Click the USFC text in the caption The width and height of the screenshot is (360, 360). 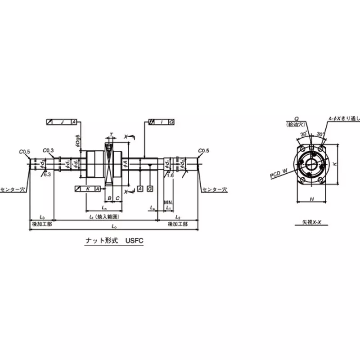133,241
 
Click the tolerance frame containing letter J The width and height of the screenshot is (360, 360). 62,122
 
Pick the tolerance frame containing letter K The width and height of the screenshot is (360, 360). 87,189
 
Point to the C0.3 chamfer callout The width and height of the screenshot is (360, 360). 48,150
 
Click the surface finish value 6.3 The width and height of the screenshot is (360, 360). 47,174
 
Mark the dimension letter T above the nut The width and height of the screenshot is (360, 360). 112,135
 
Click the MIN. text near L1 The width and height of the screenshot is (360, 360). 168,203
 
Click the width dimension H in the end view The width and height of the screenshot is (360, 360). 312,198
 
